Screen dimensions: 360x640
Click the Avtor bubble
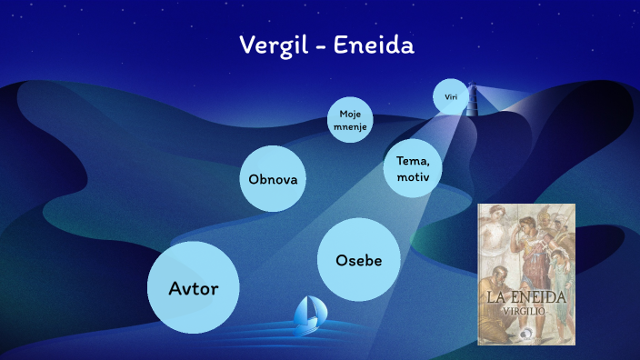click(x=193, y=288)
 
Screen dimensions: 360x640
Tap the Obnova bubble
click(x=273, y=178)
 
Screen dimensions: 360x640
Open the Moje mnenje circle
click(x=351, y=121)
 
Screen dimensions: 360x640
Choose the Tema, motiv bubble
click(x=413, y=169)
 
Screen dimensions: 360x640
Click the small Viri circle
click(x=450, y=96)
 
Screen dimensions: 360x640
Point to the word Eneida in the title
click(x=375, y=45)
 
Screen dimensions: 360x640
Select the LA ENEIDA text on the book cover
click(x=526, y=297)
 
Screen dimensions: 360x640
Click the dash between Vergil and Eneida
click(x=322, y=46)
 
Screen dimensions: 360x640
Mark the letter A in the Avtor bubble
click(x=175, y=288)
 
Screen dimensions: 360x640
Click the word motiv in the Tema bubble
click(x=413, y=176)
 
